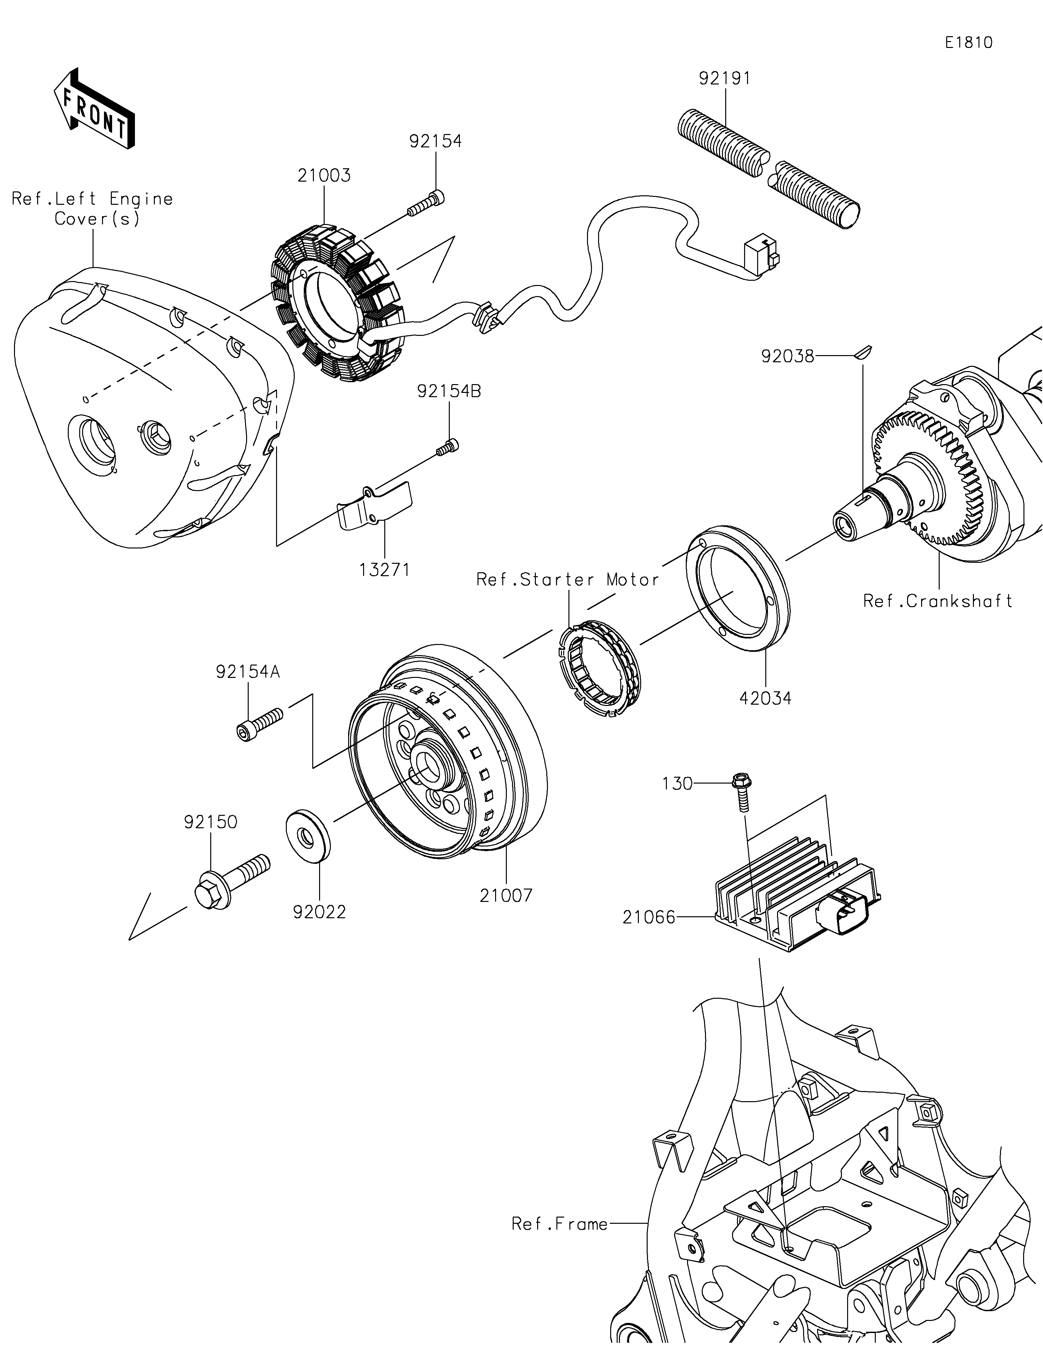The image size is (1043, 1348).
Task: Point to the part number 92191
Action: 725,78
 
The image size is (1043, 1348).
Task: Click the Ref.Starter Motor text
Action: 567,579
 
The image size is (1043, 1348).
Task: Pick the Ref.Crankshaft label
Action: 937,601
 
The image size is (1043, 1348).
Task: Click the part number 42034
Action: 765,699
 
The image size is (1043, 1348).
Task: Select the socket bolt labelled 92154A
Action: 259,723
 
